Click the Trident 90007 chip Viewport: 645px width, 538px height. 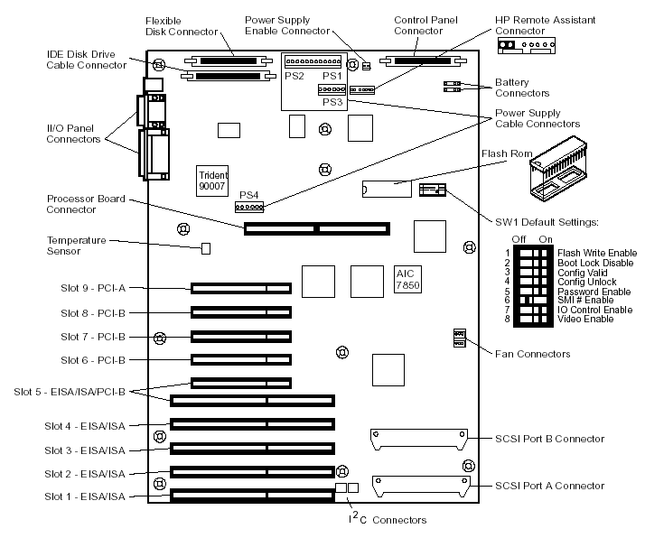coord(213,179)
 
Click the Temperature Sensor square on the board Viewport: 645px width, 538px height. coord(205,246)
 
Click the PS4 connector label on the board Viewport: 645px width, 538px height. coord(248,195)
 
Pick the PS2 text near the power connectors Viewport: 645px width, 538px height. coord(294,77)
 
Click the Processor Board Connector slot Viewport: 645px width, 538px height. coord(315,227)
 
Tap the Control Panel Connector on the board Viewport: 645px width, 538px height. coord(416,61)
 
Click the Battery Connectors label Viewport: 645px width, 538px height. coord(521,88)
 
